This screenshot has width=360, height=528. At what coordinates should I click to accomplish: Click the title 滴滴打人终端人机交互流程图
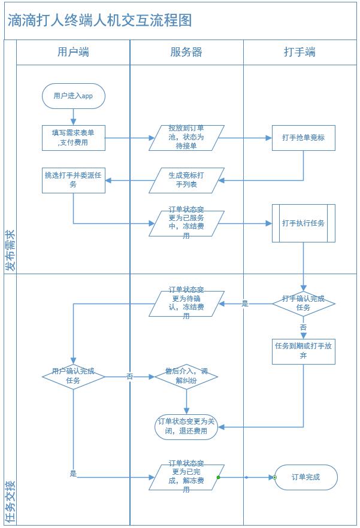pos(100,20)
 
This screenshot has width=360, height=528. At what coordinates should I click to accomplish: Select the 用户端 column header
pos(73,52)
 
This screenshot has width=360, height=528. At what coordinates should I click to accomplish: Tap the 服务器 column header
pos(186,52)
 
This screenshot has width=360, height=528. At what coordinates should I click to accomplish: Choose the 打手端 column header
pos(300,52)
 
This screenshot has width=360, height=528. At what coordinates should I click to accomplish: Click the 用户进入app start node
pos(73,96)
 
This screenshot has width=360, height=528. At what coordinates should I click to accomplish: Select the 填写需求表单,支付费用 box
pos(74,138)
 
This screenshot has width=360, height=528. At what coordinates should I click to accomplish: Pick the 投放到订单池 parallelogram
pos(186,138)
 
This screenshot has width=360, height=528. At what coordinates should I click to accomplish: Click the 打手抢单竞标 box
pos(303,138)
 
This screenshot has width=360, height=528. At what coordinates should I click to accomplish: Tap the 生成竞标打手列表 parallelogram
pos(186,180)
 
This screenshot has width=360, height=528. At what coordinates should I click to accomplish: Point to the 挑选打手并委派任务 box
pos(74,180)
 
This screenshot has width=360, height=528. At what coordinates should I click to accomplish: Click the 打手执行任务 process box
pos(303,223)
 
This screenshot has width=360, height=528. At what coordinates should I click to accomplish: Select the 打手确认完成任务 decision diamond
pos(303,304)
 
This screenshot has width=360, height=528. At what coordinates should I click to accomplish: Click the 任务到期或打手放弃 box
pos(303,351)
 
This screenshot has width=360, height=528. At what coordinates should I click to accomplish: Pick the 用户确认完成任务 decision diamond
pos(73,376)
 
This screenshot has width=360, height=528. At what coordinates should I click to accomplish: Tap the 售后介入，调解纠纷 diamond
pos(186,376)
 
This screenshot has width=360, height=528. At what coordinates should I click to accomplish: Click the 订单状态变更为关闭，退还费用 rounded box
pos(186,427)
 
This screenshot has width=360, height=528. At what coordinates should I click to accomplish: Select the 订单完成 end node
pos(305,477)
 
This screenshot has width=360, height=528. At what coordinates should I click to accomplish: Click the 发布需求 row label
pos(10,249)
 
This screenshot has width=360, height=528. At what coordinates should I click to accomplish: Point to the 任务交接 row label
pos(10,502)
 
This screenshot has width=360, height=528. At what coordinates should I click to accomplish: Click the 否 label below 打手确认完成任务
pos(303,328)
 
